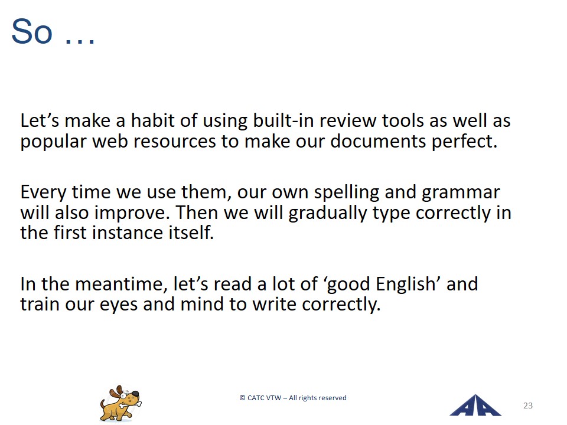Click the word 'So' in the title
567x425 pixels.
(x=32, y=31)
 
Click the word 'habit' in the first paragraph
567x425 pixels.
(x=153, y=120)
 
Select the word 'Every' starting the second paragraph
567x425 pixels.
(x=43, y=192)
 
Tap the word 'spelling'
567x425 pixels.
(x=346, y=192)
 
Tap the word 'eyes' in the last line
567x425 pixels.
(x=119, y=305)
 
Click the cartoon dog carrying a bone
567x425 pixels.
(x=120, y=404)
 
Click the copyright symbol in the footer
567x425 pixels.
(x=242, y=398)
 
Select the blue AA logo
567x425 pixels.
(x=475, y=406)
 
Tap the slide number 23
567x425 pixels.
(x=528, y=406)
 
